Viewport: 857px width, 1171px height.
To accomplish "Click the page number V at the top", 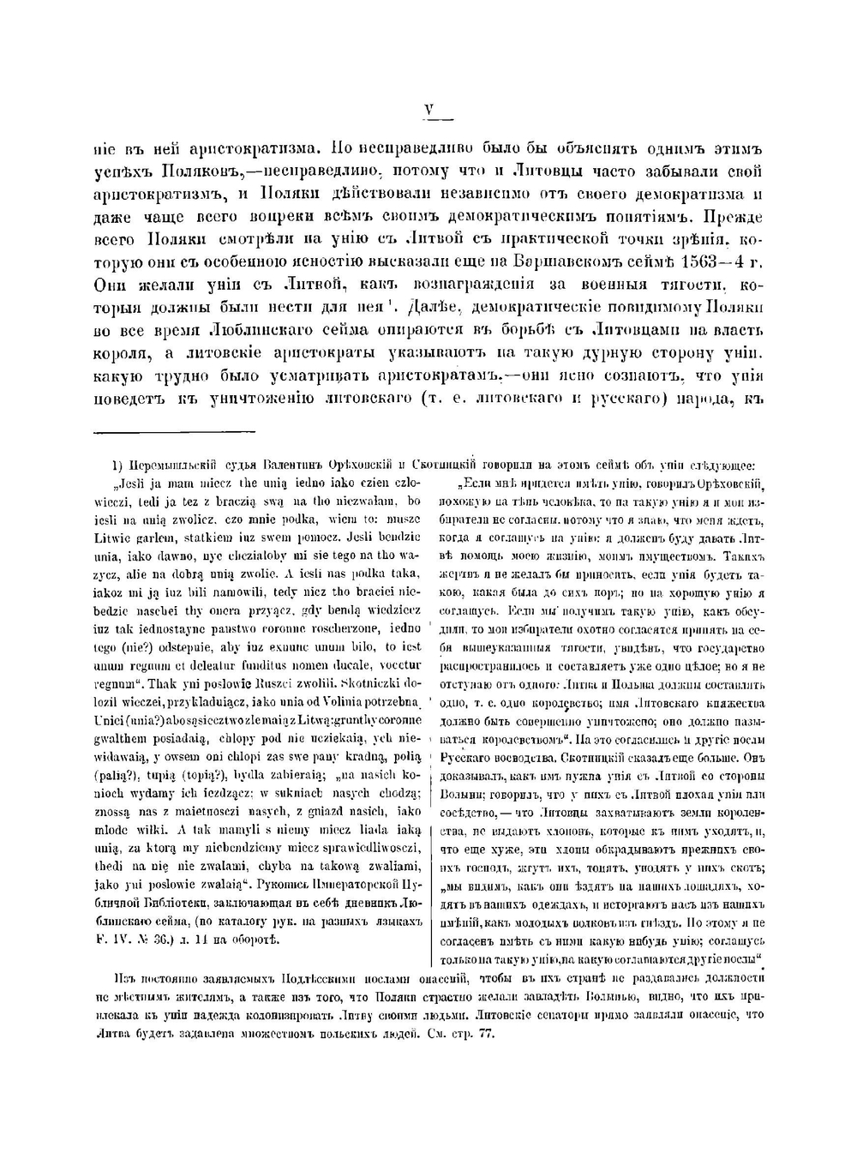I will [x=430, y=109].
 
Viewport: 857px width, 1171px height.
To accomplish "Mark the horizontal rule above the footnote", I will [x=174, y=432].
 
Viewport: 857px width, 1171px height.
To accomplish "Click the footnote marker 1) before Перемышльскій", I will [x=119, y=466].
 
